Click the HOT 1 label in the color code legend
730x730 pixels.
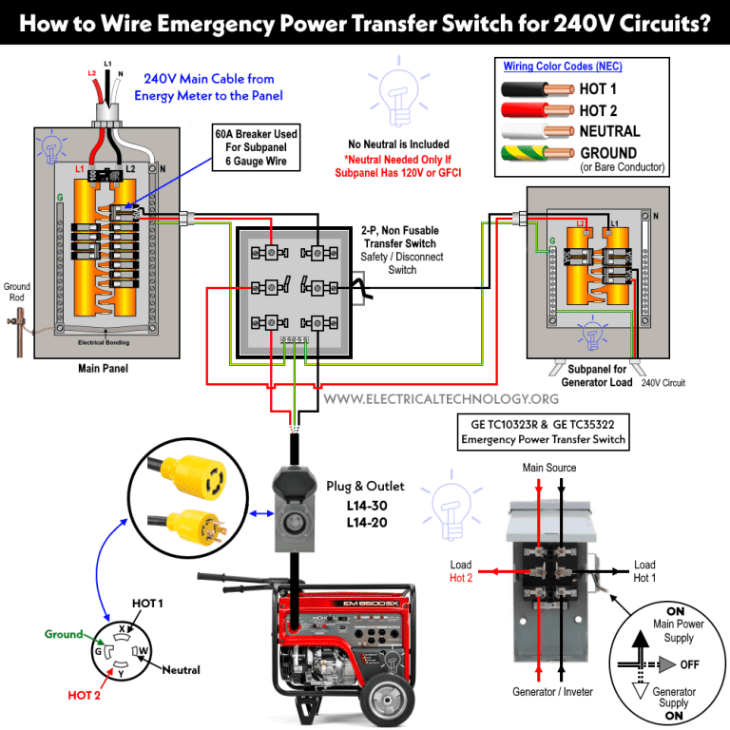[598, 89]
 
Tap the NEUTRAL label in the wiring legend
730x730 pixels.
[609, 131]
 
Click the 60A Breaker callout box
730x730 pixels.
[256, 148]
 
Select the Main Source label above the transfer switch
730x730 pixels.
[549, 468]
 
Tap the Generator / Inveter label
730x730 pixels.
[550, 694]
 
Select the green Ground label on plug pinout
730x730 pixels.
[64, 634]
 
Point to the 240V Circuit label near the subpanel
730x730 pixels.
[663, 383]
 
